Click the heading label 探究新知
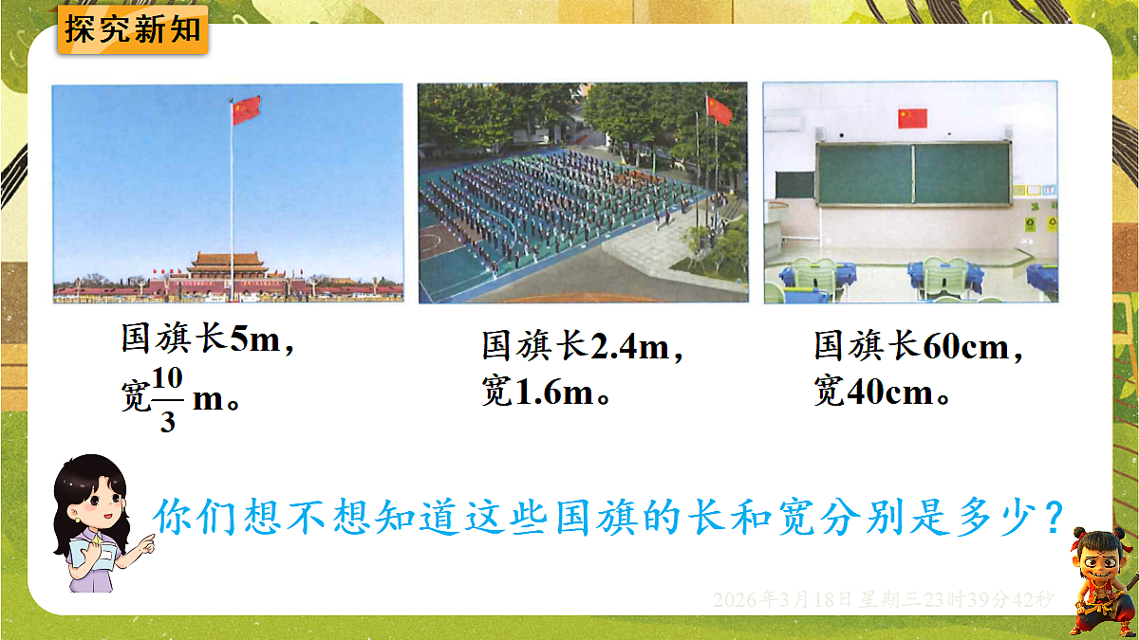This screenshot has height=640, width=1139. pos(133,29)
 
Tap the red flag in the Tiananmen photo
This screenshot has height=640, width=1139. pos(246,110)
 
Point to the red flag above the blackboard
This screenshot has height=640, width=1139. pos(912,118)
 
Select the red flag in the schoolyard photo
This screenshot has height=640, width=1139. pos(719,111)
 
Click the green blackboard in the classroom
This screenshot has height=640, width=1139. pos(913,174)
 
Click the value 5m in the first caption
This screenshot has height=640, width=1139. pos(255,338)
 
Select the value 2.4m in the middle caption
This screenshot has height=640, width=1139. pos(630,347)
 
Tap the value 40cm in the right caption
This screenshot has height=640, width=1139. pos(888,392)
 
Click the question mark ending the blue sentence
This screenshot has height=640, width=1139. pos(1051,518)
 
